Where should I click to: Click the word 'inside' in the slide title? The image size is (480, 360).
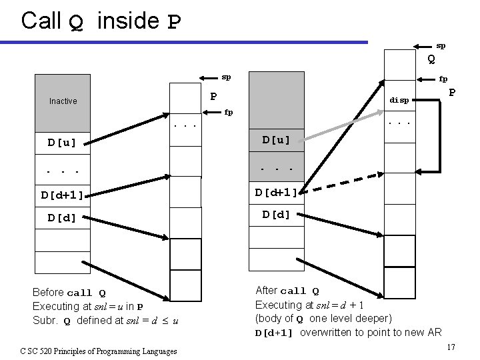coord(127,21)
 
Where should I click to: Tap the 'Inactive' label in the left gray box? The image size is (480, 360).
coord(63,101)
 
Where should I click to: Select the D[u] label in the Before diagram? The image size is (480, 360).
coord(61,143)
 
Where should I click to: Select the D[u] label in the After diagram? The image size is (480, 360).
coord(276,139)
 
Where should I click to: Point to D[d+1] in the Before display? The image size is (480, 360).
coord(62,195)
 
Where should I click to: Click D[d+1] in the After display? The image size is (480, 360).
coord(276,193)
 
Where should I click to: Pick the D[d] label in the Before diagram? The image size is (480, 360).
coord(61,218)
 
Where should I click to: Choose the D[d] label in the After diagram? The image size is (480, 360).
coord(276,215)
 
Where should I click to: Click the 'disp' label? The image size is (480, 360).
coord(399,100)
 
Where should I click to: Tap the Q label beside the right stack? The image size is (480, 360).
coord(431,59)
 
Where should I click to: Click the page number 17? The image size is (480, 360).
coord(451,347)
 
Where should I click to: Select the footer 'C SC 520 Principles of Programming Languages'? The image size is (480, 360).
coord(99,351)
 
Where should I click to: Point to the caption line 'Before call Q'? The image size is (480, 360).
coord(69,293)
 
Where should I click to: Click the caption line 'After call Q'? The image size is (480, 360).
coord(287,291)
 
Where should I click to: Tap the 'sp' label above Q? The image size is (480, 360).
coord(441,46)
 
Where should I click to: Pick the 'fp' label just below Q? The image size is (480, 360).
coord(443,78)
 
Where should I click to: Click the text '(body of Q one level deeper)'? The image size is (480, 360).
coord(323,317)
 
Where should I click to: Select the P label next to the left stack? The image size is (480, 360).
coord(214,97)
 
